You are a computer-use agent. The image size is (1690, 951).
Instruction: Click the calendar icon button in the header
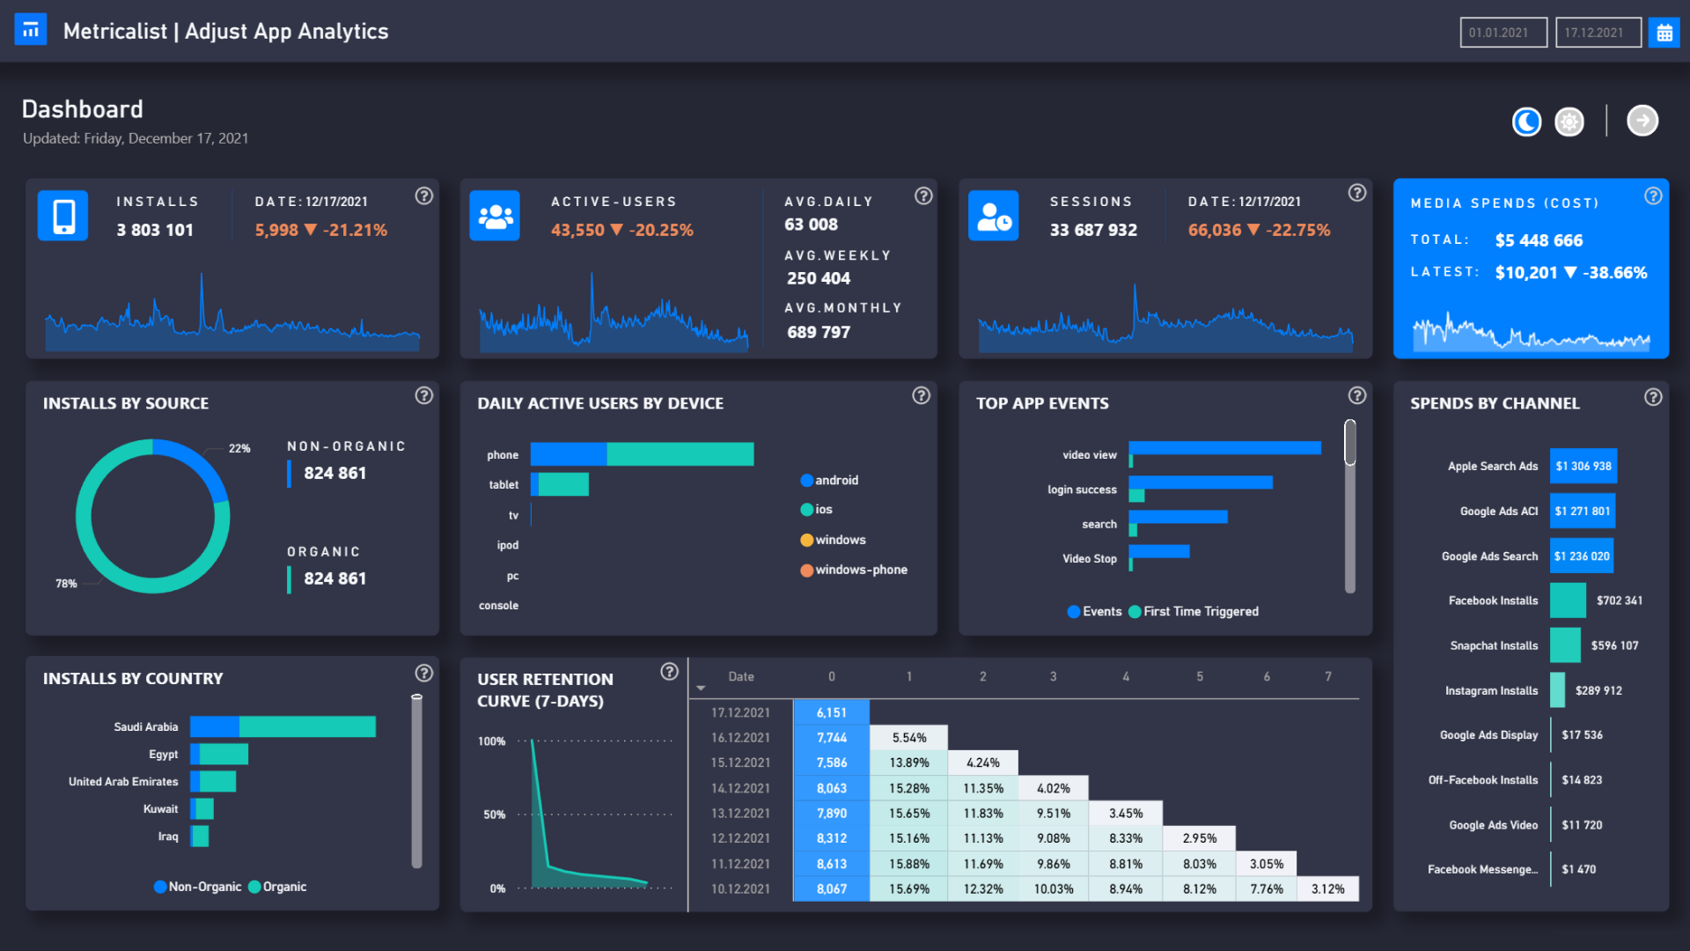click(1664, 33)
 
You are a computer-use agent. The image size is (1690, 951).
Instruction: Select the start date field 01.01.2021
click(1503, 33)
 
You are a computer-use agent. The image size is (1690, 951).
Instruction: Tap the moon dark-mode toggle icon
click(1526, 122)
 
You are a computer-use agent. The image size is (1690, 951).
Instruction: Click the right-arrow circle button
click(1642, 121)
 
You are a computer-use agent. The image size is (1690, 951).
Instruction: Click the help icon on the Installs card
click(423, 196)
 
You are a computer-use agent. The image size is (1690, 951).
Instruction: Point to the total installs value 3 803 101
click(155, 230)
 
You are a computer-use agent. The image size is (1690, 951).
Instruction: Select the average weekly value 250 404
click(818, 278)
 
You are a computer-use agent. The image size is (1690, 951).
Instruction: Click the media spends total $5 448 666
click(1538, 240)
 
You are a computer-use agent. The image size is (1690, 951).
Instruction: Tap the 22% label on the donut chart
click(239, 448)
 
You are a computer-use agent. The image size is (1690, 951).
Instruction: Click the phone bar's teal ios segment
click(680, 454)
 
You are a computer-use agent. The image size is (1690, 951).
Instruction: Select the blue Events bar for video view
click(1224, 448)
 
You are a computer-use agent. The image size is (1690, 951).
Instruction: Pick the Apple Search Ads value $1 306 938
click(1583, 466)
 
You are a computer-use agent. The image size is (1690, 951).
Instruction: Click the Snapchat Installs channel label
click(1494, 645)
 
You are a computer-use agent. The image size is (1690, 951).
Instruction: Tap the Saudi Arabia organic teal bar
click(307, 726)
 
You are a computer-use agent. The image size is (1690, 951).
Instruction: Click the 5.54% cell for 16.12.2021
click(908, 738)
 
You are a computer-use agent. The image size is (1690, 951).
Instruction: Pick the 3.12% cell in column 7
click(1327, 889)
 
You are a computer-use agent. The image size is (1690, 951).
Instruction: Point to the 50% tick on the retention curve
click(494, 815)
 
